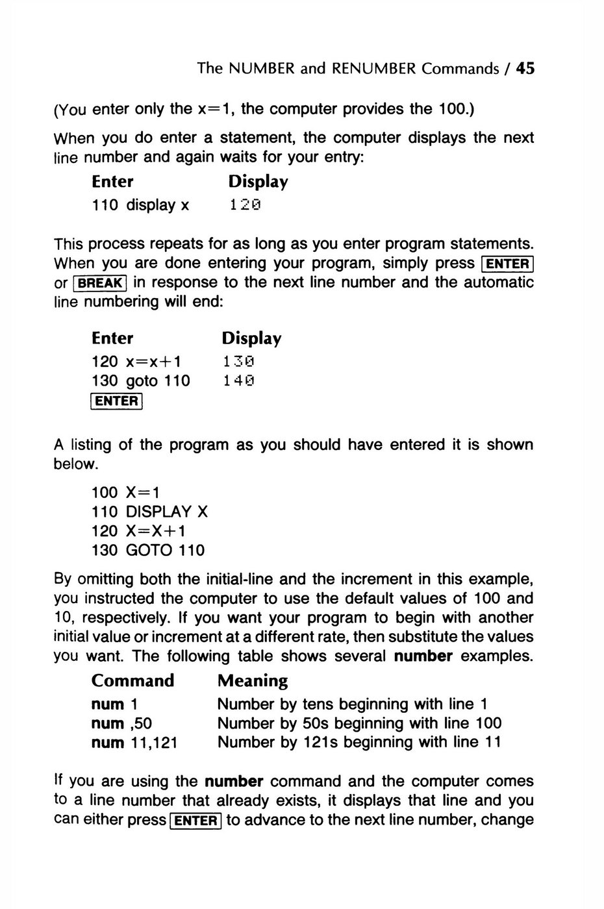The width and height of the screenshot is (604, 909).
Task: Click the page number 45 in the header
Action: pos(525,68)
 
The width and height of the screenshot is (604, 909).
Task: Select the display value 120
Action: pos(245,206)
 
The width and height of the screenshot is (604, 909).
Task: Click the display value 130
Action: pos(238,362)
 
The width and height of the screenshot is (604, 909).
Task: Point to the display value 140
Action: pos(238,381)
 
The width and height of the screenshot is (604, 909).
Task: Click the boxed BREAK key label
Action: pos(101,284)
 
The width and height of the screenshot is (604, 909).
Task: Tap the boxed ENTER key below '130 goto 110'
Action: pos(117,401)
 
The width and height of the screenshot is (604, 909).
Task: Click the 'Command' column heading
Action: pos(133,680)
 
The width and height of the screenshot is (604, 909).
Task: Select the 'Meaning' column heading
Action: pos(253,680)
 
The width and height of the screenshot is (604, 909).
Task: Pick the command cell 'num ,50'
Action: pos(122,723)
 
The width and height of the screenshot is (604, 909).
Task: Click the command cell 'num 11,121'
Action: pos(134,742)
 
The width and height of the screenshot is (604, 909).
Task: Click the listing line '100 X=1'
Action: pos(126,493)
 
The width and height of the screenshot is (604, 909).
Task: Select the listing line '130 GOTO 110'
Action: pos(148,551)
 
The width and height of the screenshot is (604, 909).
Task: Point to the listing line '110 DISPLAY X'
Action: pos(150,512)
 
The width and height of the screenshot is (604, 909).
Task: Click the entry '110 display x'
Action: pos(141,206)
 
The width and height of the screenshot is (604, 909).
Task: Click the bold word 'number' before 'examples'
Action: pos(423,656)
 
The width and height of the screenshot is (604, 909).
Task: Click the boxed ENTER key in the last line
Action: pos(195,821)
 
